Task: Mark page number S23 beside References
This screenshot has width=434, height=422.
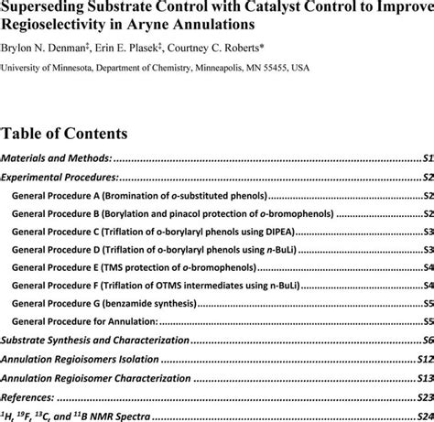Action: coord(425,397)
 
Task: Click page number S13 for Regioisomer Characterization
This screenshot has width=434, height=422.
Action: coord(425,378)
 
